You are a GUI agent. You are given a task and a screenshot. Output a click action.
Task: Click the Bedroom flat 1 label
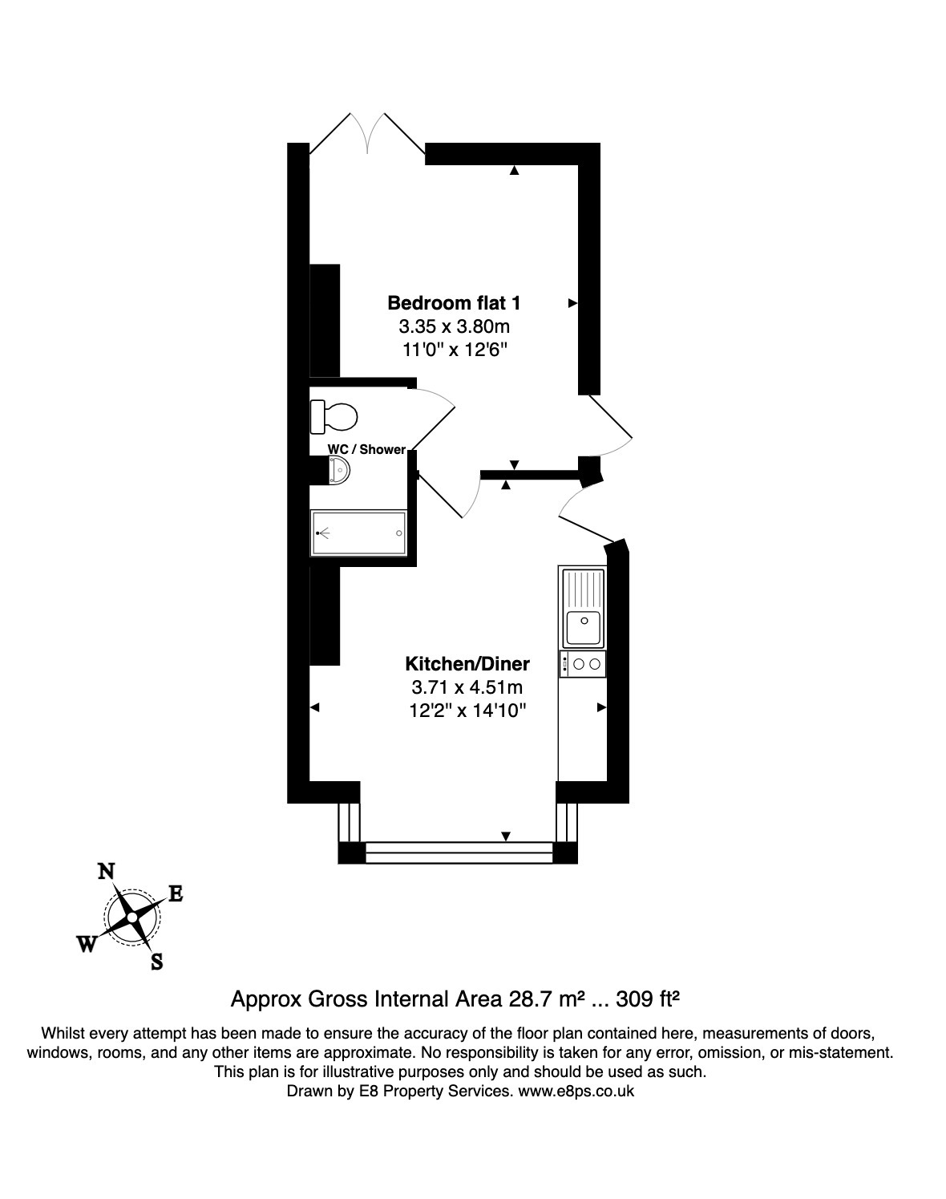click(x=454, y=303)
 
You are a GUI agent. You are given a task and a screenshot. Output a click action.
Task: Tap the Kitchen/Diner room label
click(x=467, y=664)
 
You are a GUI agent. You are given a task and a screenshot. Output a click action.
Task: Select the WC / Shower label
click(x=366, y=449)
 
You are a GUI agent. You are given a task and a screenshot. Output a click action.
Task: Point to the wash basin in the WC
click(x=339, y=471)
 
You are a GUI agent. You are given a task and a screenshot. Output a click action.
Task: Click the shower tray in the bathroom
click(x=358, y=533)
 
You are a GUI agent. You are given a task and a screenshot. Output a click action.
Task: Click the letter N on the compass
click(x=105, y=872)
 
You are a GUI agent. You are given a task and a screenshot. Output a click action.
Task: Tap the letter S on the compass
click(x=157, y=962)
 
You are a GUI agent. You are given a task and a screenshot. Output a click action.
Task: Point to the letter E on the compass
click(x=176, y=894)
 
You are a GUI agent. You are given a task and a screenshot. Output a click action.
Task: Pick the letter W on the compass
click(x=87, y=945)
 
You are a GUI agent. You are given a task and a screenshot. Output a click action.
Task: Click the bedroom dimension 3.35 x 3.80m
click(x=454, y=326)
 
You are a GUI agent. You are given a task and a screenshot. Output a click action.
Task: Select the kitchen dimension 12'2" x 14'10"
click(x=467, y=711)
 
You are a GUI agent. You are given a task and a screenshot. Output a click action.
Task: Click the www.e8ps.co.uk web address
click(x=576, y=1092)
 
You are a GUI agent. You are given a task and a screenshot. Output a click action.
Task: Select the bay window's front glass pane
click(x=459, y=853)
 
